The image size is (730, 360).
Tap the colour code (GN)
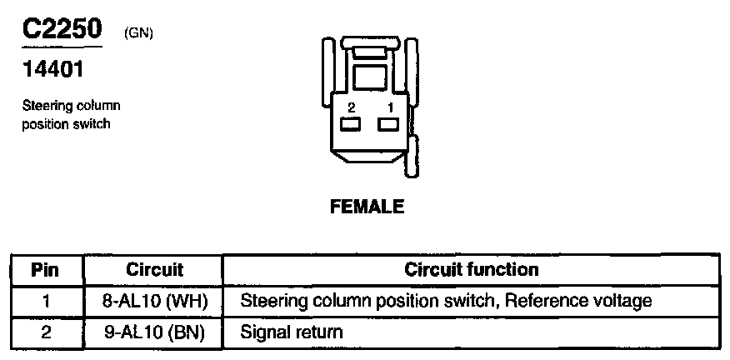[138, 32]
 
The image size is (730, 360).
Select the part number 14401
[52, 70]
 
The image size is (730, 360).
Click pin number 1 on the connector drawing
[388, 108]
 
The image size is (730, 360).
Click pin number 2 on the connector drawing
[351, 108]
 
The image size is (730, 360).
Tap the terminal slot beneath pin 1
[388, 125]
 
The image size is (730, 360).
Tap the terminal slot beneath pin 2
[350, 125]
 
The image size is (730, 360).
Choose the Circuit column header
[154, 270]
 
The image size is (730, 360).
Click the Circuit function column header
[472, 270]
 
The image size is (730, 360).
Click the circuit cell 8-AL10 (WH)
[154, 300]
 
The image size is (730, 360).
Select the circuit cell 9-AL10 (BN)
[154, 332]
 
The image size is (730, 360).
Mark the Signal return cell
[291, 332]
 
